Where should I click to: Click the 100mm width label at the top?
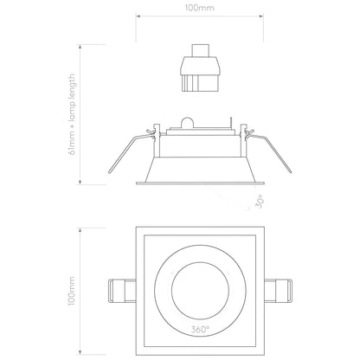200,8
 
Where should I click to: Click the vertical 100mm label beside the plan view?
71,291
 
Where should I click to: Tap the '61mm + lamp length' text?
72,114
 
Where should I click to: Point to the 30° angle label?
260,201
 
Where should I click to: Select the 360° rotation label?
200,330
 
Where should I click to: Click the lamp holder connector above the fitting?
200,67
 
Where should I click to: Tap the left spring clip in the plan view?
122,291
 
